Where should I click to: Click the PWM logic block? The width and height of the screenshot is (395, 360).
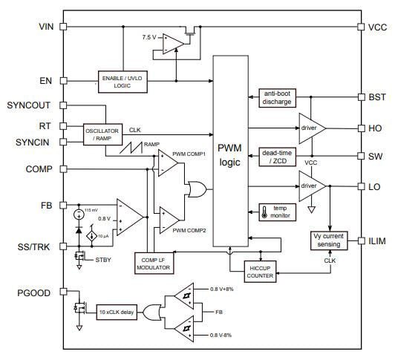tap(229, 152)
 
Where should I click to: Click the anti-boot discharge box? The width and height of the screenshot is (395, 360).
tap(278, 97)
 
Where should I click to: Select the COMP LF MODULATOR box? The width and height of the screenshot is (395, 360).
tap(154, 261)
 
